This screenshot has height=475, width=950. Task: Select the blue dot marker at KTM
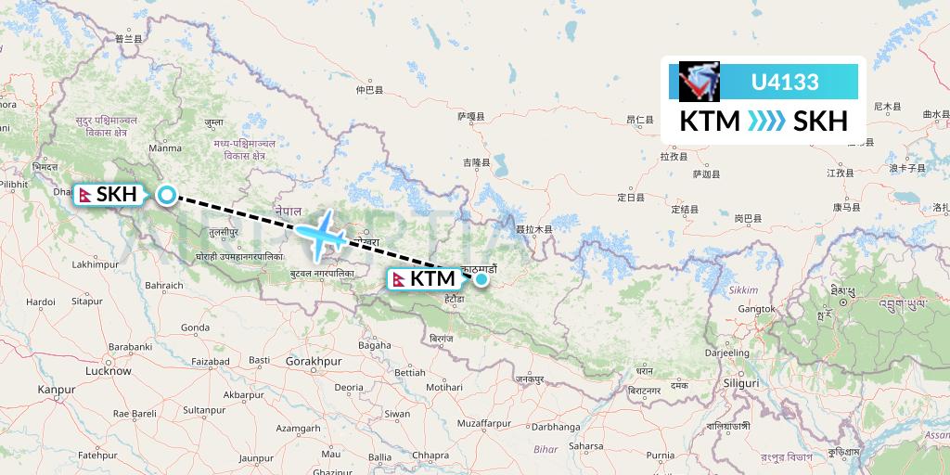(x=481, y=278)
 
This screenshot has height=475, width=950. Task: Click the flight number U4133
(x=785, y=82)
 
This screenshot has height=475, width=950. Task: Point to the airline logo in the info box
(x=699, y=82)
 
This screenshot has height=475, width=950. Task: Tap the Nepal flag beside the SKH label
(x=85, y=195)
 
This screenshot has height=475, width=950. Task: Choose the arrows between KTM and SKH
(x=766, y=122)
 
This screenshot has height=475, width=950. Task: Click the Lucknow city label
(x=108, y=371)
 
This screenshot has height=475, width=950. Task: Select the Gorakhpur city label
(x=315, y=360)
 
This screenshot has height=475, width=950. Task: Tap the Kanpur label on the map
(x=56, y=390)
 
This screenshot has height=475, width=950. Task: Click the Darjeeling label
(x=726, y=353)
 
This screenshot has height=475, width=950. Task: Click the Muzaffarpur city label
(x=483, y=423)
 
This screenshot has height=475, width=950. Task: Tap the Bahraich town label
(x=164, y=286)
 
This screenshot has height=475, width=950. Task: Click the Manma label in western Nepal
(x=165, y=148)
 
